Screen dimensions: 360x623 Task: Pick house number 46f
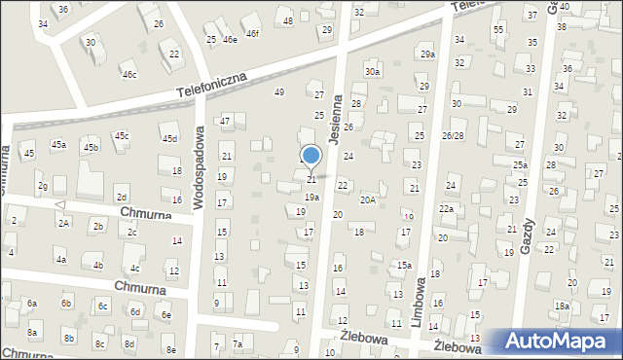tap(252, 34)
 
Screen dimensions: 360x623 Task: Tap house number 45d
tap(170, 139)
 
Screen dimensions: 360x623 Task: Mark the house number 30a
tap(372, 72)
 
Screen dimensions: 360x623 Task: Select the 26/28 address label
tap(453, 135)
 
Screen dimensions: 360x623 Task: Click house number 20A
tap(367, 199)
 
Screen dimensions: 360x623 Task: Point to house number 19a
tap(311, 197)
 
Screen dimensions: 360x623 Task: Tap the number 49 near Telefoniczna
tap(279, 91)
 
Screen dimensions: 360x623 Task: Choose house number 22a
tap(446, 208)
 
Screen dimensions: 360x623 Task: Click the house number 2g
tap(42, 185)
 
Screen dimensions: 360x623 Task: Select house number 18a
tap(562, 306)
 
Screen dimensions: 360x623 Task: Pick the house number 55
tap(498, 30)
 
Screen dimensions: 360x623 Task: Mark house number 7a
tap(238, 344)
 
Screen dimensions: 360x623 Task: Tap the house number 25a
tap(521, 165)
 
